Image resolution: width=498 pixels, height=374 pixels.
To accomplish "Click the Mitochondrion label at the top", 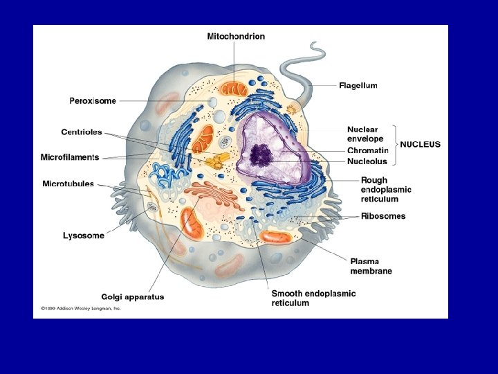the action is [235, 36].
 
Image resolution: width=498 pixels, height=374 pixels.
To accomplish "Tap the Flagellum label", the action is [358, 86].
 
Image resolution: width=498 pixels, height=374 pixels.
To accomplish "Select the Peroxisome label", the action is [93, 101].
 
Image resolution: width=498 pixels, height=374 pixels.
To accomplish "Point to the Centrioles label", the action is [81, 132].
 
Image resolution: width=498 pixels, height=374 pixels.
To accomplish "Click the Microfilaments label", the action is [70, 157].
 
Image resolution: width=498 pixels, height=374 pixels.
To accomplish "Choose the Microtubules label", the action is [68, 184].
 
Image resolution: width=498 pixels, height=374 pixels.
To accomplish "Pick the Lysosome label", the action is [83, 235].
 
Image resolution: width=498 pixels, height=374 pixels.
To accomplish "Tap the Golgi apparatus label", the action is [132, 297].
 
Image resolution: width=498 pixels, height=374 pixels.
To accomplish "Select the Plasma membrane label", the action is [371, 266].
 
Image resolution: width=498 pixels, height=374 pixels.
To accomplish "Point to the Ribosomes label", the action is [383, 216].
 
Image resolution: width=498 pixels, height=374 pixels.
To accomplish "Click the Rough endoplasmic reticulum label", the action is [385, 190].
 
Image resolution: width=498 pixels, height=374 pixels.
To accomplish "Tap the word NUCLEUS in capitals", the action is [420, 145].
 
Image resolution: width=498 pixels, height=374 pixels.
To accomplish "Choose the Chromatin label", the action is [367, 151].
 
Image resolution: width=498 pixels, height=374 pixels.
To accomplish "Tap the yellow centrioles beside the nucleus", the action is [216, 163].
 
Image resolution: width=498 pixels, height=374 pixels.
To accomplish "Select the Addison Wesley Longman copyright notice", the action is [80, 308].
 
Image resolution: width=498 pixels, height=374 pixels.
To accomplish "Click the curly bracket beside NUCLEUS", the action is [395, 145].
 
